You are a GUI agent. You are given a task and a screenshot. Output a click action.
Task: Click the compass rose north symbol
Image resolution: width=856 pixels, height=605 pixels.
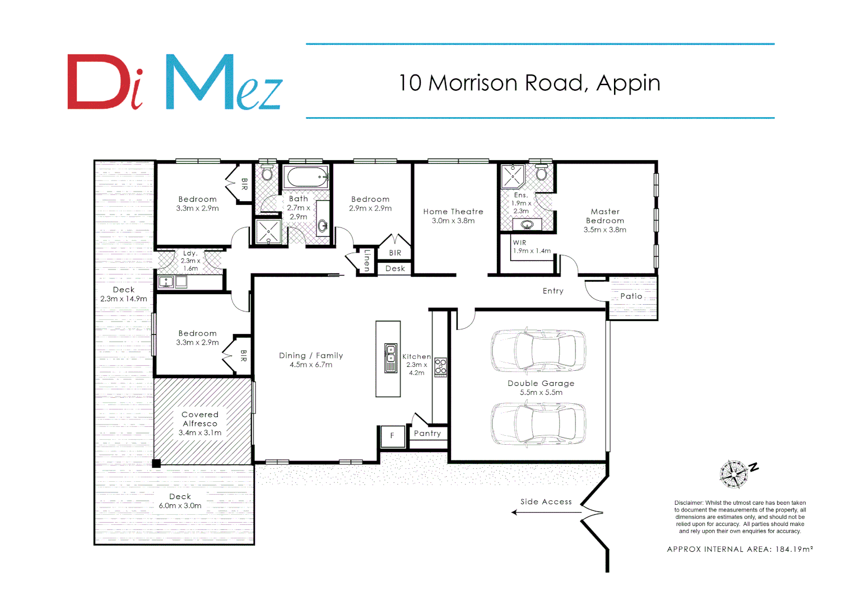pos(734,474)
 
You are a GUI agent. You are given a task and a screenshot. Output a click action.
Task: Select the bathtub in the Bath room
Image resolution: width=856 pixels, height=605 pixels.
pos(306,177)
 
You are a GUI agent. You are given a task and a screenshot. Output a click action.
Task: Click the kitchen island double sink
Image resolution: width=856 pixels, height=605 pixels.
pos(390,359)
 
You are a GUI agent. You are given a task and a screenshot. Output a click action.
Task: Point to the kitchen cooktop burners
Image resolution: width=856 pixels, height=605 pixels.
pos(440,367)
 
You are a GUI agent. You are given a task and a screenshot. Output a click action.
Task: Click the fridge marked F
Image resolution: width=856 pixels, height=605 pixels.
pos(392,436)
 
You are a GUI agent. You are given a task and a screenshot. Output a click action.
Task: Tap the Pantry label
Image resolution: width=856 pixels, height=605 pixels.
pos(427,434)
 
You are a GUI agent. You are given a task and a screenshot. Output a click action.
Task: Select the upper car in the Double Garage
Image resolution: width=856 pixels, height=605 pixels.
pos(538,351)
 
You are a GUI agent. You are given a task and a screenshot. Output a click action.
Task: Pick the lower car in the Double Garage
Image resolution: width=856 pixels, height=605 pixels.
pos(538,424)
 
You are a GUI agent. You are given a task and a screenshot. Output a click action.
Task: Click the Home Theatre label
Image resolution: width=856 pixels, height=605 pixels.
pos(453,212)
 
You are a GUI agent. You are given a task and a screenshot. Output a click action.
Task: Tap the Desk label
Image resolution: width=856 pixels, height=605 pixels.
pos(395,269)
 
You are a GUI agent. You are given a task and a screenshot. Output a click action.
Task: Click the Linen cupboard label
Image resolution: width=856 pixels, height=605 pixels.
pos(367,260)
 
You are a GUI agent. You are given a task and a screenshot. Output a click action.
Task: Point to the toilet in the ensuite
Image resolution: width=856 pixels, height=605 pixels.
pos(541,173)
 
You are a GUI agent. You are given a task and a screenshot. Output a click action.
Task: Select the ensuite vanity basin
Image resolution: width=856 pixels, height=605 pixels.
pos(527,225)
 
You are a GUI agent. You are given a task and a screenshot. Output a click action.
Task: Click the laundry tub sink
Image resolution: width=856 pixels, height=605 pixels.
pos(166,282)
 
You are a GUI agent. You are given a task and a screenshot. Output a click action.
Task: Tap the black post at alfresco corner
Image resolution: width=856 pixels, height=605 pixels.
pos(157,463)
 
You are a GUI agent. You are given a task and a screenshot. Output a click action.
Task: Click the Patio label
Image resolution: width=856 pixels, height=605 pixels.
pos(631,296)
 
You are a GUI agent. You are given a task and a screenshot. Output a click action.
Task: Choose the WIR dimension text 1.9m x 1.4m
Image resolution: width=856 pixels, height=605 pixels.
pos(532,251)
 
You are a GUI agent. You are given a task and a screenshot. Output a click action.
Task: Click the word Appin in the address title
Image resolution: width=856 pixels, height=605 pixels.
pos(628,83)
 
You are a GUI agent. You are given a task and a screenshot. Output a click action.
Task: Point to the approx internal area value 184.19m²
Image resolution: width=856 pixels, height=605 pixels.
pos(794,550)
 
